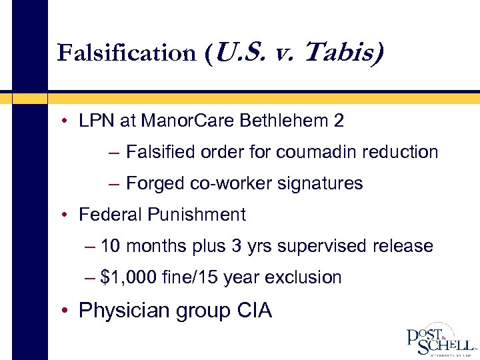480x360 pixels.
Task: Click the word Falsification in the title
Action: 125,53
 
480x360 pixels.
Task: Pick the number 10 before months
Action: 111,246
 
